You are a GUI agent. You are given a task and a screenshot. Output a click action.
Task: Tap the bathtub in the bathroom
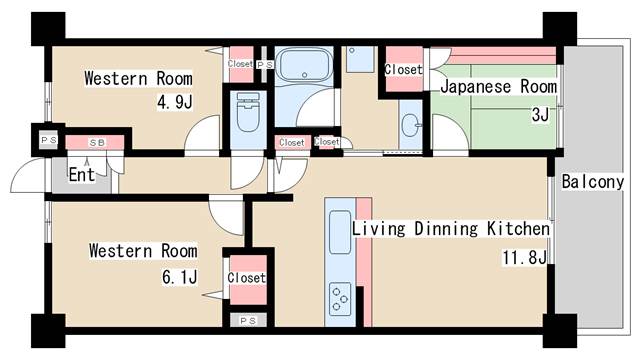[304, 65]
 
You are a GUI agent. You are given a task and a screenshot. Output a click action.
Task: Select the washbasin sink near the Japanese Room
[410, 124]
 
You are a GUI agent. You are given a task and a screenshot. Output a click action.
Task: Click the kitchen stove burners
[340, 299]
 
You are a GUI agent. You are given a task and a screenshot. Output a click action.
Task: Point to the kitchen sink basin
[340, 232]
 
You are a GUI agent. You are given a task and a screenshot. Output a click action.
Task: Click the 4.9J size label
[175, 102]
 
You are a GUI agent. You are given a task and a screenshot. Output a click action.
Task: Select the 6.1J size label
[180, 277]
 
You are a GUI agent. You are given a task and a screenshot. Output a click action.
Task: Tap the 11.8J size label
[524, 258]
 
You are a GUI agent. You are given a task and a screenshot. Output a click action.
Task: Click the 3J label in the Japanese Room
[540, 115]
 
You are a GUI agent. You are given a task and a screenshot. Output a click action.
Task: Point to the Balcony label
[593, 182]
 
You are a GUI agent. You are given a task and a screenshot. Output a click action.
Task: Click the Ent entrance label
[82, 175]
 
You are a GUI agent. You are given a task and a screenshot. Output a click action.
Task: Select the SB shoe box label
[97, 143]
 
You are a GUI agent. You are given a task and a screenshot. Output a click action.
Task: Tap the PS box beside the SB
[49, 140]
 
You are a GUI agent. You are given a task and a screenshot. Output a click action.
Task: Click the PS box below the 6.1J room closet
[248, 321]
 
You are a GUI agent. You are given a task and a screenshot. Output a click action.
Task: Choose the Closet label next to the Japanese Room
[403, 70]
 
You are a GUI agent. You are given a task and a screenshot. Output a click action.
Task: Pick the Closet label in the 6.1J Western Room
[247, 278]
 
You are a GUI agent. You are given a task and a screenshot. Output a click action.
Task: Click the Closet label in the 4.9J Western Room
[240, 64]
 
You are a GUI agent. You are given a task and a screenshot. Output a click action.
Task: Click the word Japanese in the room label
[476, 87]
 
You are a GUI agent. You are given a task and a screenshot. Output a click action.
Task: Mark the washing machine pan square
[360, 60]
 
